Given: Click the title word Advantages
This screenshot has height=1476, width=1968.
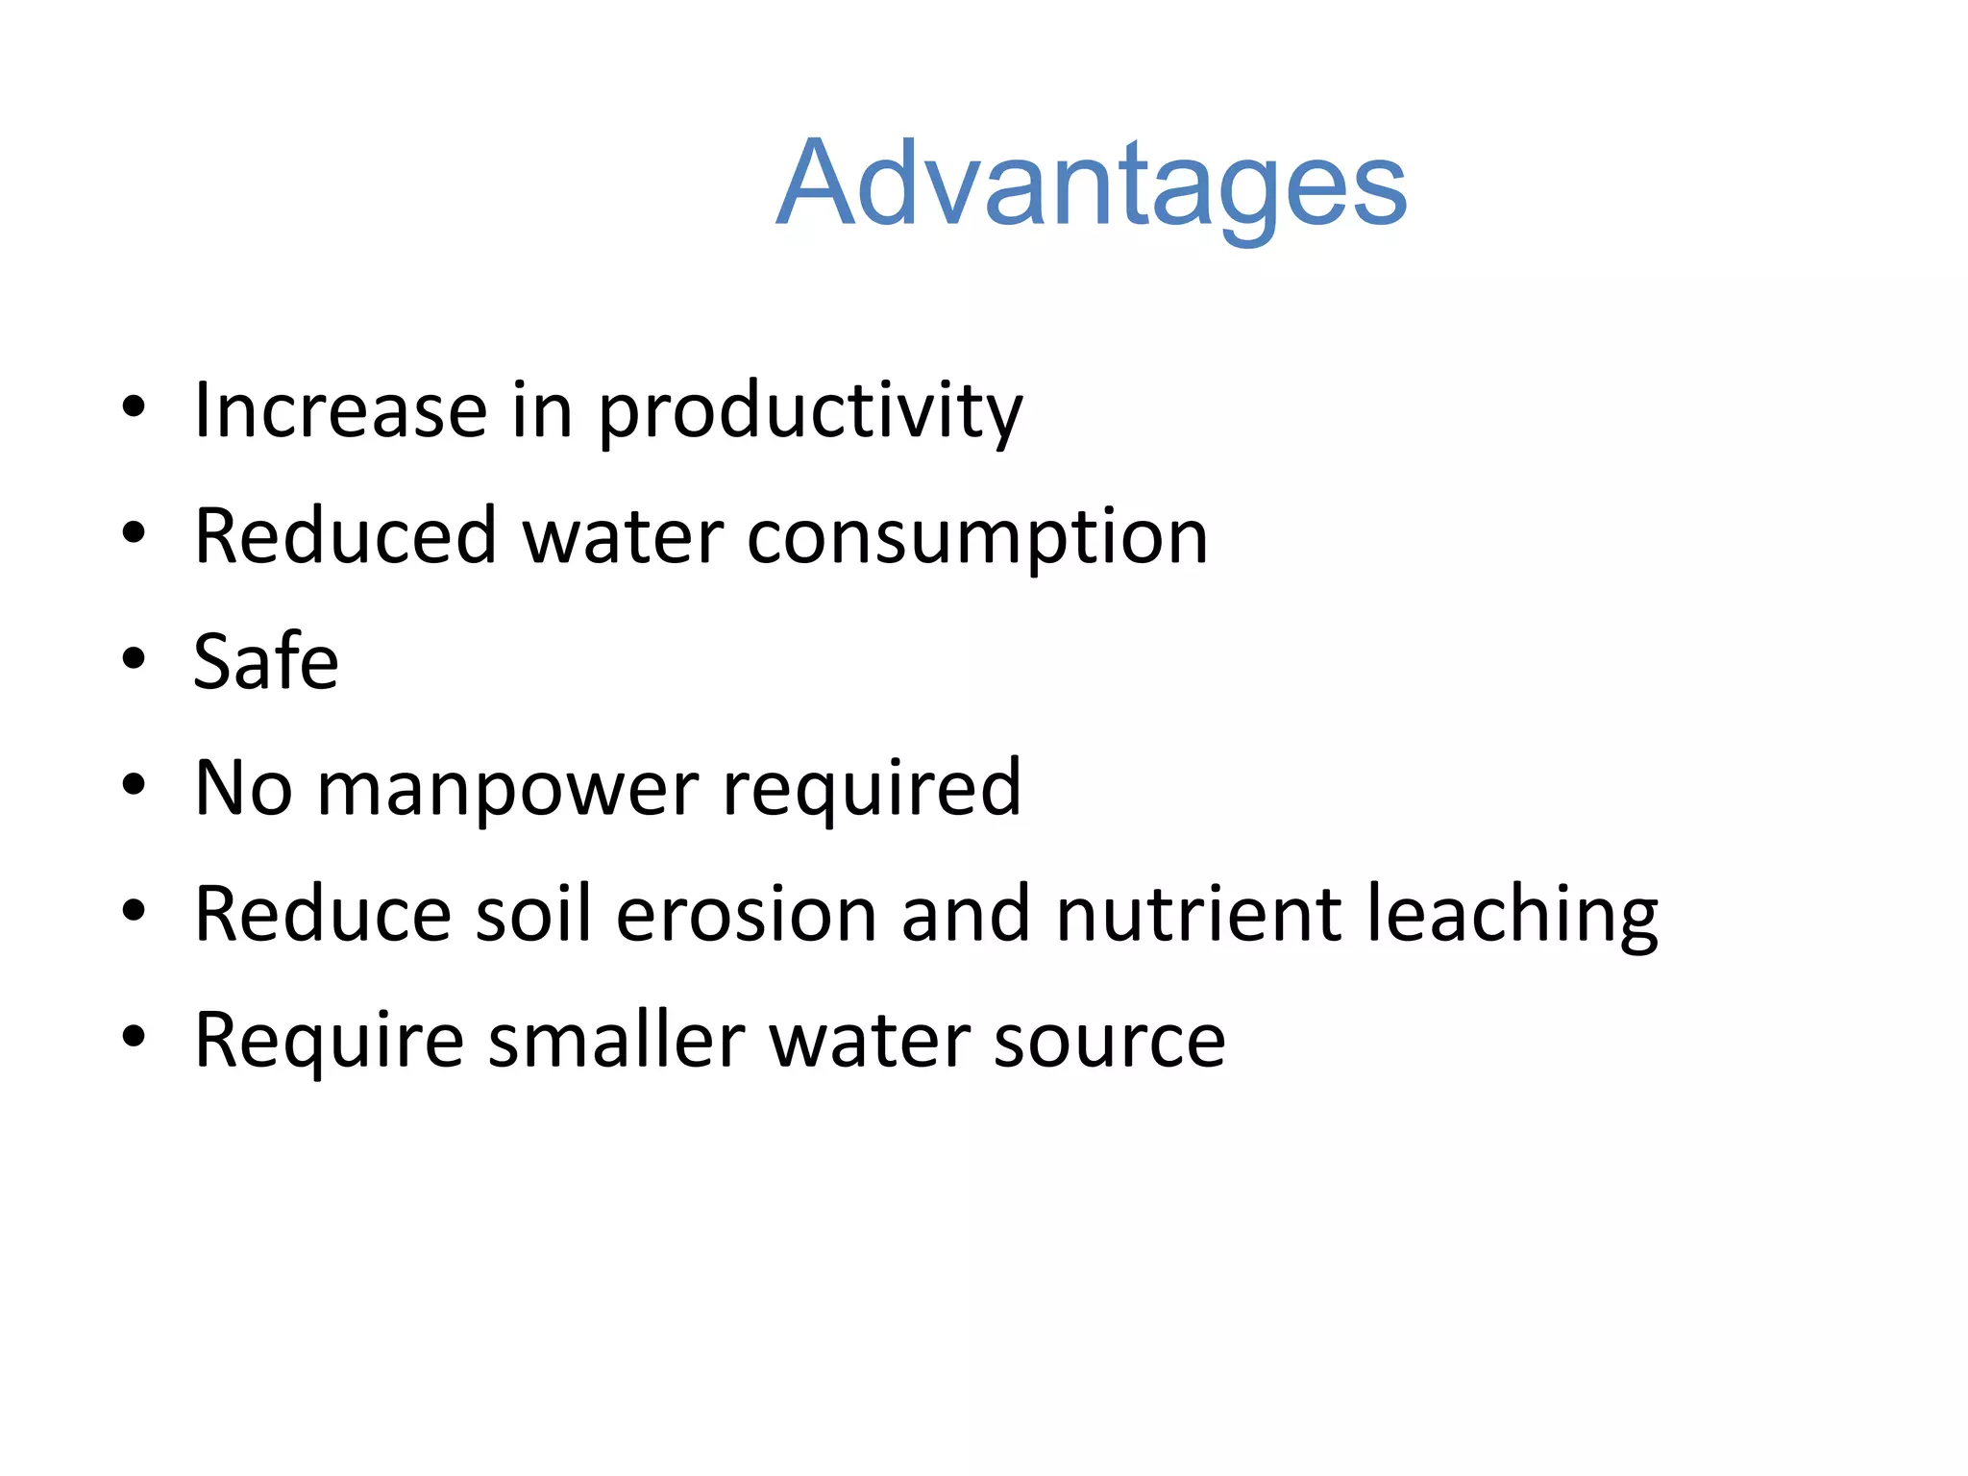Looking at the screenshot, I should point(1091,184).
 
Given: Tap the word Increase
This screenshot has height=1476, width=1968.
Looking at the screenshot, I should point(340,410).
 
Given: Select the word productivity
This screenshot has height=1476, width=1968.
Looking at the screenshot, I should point(810,412).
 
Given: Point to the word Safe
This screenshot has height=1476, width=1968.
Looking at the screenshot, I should point(266,662).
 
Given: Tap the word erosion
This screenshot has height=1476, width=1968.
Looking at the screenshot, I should point(746,914).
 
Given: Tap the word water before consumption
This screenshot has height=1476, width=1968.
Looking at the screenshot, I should point(623,536).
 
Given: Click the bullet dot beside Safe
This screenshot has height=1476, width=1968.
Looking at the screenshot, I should point(134,659).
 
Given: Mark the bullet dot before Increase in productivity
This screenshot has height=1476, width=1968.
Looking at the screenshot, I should point(134,407).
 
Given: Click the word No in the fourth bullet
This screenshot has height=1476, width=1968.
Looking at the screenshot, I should point(243,788).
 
